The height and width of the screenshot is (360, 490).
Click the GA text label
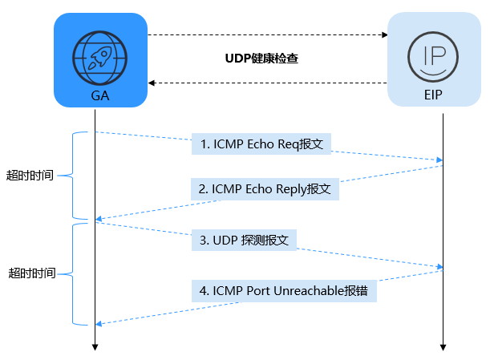click(x=100, y=95)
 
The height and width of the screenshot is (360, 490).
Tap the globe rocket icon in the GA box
click(x=100, y=53)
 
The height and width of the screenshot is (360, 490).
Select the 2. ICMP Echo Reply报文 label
click(x=265, y=189)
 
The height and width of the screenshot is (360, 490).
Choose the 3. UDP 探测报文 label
click(x=244, y=240)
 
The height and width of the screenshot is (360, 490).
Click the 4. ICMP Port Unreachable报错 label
click(x=284, y=290)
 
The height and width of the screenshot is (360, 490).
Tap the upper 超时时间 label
click(x=30, y=175)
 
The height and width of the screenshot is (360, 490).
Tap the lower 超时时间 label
click(x=32, y=273)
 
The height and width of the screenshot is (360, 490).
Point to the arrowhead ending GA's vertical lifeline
click(x=95, y=347)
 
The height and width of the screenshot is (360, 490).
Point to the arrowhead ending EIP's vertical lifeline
click(x=443, y=347)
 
